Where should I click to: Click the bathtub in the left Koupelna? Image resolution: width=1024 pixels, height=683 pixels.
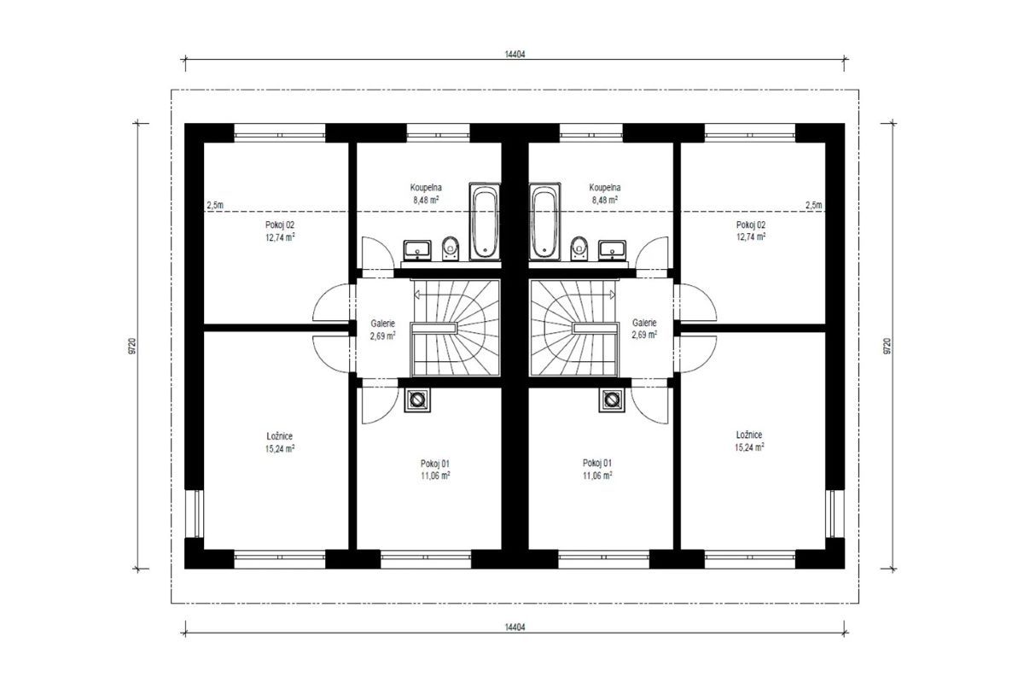pos(485,222)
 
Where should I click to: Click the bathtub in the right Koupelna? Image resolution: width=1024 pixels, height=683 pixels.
pos(544,222)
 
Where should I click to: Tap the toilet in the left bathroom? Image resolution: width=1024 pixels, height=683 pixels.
pos(451,248)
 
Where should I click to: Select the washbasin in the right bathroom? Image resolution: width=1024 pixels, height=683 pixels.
pos(613,250)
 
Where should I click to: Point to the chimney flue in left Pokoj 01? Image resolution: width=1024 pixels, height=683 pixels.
pos(417,400)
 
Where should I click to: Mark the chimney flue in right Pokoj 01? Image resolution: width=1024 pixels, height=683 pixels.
pos(612,400)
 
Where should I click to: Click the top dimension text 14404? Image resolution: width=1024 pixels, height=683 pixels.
pos(515,55)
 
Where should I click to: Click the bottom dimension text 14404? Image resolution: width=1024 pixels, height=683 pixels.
pos(515,628)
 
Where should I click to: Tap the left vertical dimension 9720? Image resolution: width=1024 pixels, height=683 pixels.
pos(132,346)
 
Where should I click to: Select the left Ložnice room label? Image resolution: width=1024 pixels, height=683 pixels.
pos(280,436)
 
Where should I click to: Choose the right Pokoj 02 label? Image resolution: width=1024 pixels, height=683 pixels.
pos(751,225)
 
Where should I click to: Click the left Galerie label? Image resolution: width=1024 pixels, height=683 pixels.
pos(382,324)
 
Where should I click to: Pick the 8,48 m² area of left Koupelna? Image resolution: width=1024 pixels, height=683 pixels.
pos(426,200)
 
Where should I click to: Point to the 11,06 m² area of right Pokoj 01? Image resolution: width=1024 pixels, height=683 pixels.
pos(597,476)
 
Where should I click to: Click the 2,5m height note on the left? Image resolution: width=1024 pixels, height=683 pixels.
pos(215,205)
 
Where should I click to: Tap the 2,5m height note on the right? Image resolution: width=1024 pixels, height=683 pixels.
pos(814,205)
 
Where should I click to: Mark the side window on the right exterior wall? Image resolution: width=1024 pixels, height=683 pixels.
pos(834,514)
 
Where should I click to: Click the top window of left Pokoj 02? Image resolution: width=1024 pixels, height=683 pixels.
pos(280,133)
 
